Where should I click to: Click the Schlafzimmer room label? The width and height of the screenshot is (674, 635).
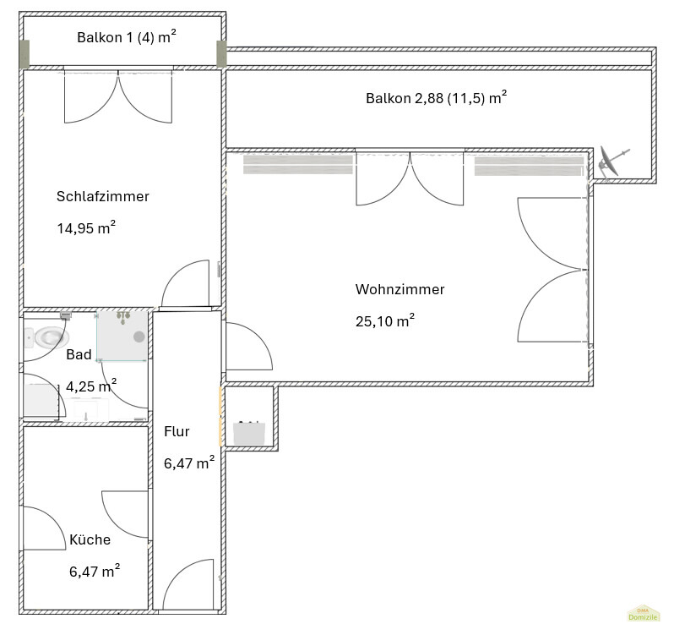tap(103, 197)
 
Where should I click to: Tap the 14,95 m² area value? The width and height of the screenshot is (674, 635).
tap(86, 227)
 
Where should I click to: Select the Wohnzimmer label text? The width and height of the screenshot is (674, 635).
tap(400, 289)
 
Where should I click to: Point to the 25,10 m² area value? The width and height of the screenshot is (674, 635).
tap(385, 320)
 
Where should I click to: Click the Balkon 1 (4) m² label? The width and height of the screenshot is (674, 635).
tap(127, 37)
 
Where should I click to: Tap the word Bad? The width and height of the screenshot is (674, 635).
tap(79, 354)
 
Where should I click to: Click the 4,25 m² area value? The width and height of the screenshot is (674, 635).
tap(91, 386)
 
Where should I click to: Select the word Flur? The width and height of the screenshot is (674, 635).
tap(177, 431)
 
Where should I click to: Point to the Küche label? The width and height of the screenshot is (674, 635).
tap(90, 539)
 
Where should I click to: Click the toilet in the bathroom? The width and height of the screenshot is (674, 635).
tap(47, 337)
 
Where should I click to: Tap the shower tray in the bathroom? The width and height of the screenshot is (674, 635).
tap(122, 336)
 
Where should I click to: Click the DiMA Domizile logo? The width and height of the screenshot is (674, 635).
tap(643, 614)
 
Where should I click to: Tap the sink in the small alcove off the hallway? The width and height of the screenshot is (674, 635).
tap(249, 433)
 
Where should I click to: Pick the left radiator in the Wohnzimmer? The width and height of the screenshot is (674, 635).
tap(298, 165)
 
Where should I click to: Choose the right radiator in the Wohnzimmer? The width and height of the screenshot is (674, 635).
tap(529, 166)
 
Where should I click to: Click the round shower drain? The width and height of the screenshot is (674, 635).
tap(139, 337)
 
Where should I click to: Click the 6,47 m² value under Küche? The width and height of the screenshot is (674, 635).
tap(95, 571)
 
